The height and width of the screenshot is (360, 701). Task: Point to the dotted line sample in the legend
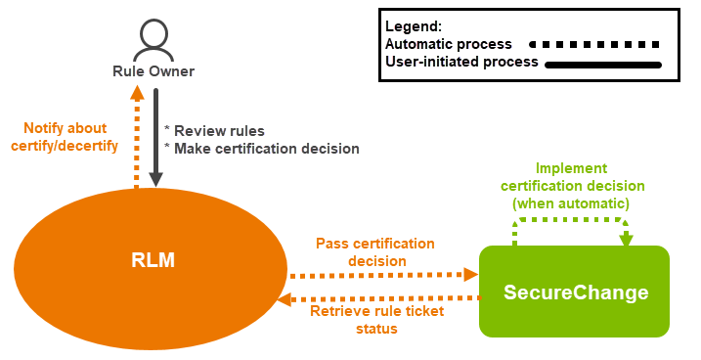pos(592,44)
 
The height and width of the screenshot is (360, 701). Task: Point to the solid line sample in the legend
pos(603,65)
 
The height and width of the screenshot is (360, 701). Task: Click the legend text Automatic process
pos(449,44)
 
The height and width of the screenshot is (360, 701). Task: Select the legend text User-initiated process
pos(461,63)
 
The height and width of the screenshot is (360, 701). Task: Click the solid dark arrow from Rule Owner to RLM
pos(155,136)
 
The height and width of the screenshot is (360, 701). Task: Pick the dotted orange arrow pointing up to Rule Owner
pos(137,136)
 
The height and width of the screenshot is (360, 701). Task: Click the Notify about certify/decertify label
pos(71,137)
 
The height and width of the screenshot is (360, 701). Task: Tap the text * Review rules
pos(214,130)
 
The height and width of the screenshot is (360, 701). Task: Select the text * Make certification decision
pos(262,149)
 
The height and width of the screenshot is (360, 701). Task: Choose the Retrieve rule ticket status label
pos(376,320)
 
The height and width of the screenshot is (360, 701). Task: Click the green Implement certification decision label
pos(571,185)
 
